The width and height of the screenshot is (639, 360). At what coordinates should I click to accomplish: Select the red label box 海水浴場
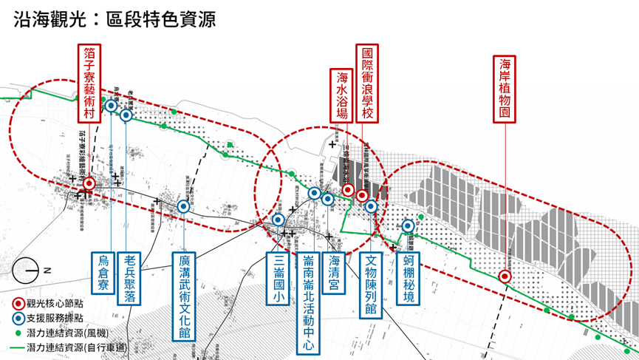pos(343,95)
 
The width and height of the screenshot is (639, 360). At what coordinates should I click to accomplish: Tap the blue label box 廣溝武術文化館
pos(185,296)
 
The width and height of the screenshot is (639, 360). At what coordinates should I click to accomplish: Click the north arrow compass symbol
pos(27,271)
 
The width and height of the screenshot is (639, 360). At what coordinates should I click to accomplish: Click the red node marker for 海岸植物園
pos(505,276)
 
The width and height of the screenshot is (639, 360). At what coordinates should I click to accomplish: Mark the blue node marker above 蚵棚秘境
pos(408,227)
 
